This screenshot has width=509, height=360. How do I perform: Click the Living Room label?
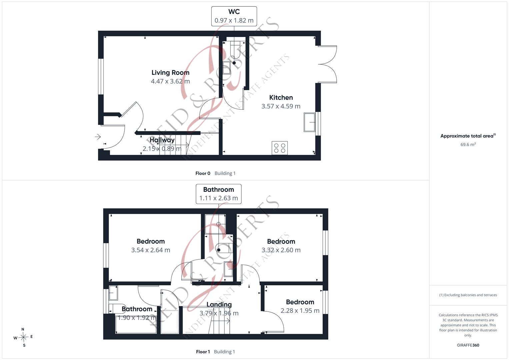coord(170,73)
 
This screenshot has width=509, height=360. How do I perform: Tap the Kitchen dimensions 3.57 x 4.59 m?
coord(281,106)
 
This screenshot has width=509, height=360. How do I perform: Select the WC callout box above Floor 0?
coord(234,16)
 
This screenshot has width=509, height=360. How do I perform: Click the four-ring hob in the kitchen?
coord(280,148)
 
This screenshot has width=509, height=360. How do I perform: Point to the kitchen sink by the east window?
coord(309,122)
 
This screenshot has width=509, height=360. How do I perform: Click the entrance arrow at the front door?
coord(98,137)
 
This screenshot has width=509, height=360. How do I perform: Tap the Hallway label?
coord(162,140)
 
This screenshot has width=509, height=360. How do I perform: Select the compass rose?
coord(23,337)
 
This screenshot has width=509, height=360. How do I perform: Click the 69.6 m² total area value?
coord(468,144)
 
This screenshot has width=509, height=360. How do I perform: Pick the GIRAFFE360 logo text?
coord(468,345)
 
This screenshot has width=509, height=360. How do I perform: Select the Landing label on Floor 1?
coord(219,305)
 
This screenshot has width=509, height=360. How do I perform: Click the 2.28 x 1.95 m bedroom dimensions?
coord(300,311)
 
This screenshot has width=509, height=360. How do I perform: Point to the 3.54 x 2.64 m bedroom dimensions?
coord(151,250)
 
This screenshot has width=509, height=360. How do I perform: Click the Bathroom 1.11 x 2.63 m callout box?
coord(219,194)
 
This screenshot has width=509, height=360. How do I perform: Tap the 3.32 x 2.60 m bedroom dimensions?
coord(281,250)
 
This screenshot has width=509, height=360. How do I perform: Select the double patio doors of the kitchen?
coord(327,64)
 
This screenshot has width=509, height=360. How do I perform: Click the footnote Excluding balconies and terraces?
coord(468,295)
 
